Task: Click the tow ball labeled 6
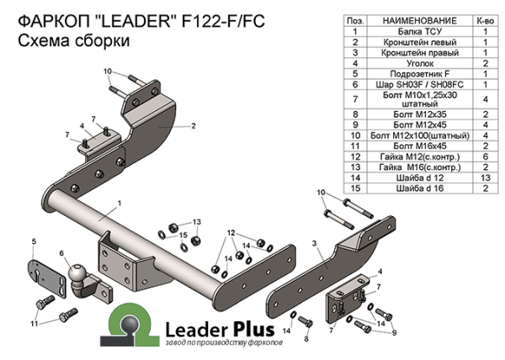click(77, 274)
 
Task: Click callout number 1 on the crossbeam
click(120, 203)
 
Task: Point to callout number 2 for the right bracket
click(193, 126)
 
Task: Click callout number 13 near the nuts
click(197, 220)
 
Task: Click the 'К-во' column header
click(486, 19)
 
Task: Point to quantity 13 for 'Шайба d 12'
click(486, 178)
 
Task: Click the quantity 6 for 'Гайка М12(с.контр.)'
click(486, 156)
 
